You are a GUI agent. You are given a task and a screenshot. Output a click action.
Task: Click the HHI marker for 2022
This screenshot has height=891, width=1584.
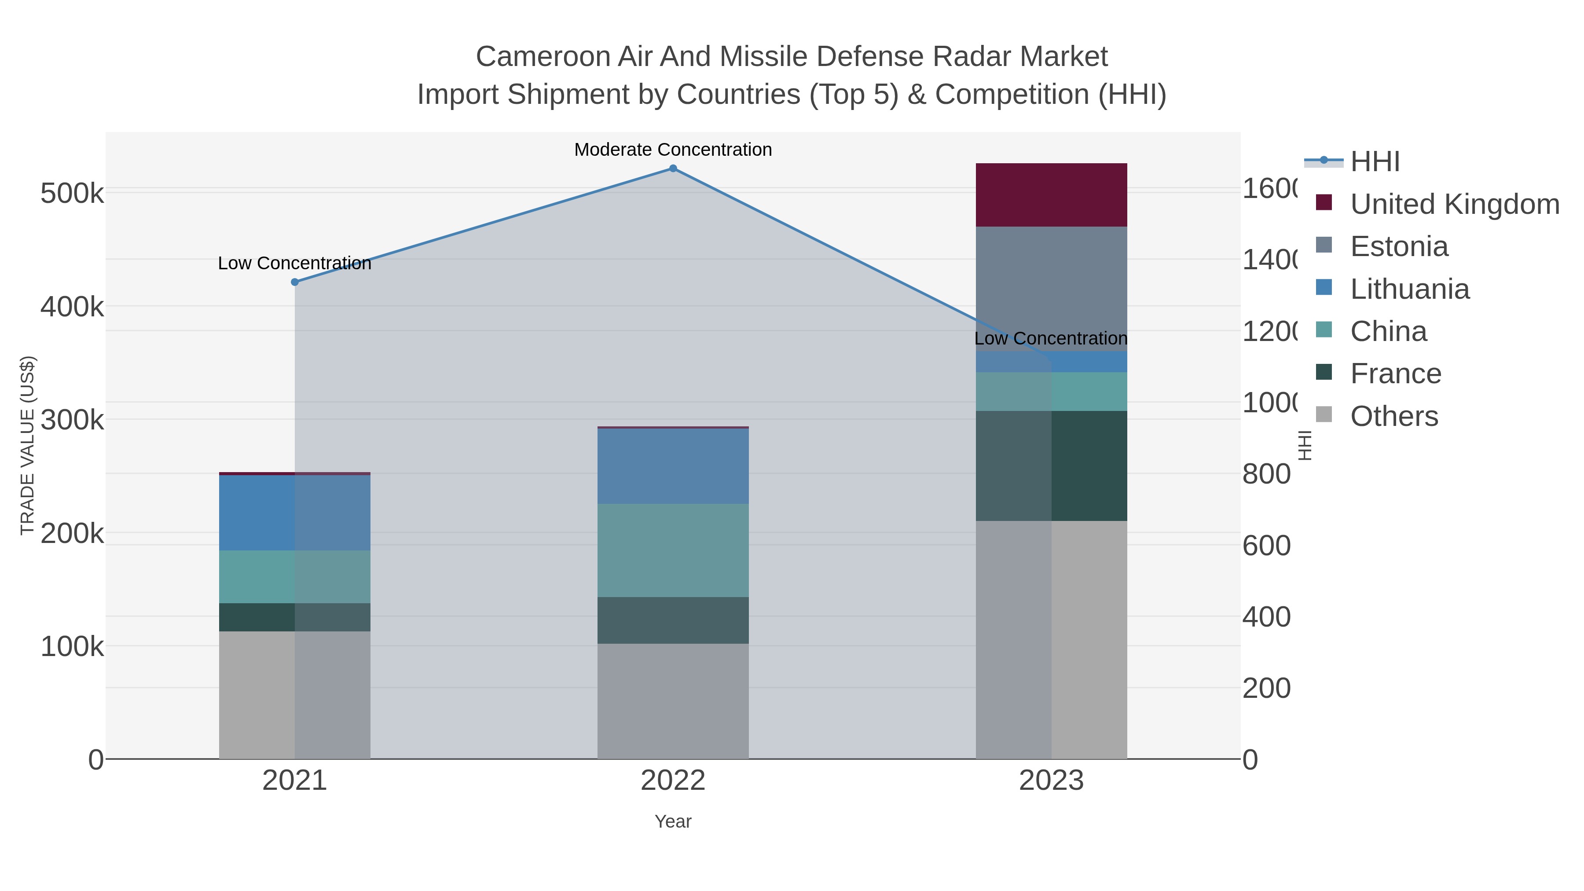pyautogui.click(x=673, y=169)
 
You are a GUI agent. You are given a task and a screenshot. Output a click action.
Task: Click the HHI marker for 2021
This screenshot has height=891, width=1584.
pyautogui.click(x=294, y=282)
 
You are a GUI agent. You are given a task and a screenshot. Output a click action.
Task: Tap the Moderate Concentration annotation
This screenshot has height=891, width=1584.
pyautogui.click(x=673, y=150)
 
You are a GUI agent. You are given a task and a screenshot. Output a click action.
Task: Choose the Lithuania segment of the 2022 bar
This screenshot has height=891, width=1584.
pyautogui.click(x=673, y=466)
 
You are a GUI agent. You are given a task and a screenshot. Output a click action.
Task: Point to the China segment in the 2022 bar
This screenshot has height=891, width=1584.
pyautogui.click(x=673, y=550)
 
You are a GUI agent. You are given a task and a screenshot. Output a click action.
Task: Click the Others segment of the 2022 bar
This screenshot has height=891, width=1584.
pyautogui.click(x=673, y=701)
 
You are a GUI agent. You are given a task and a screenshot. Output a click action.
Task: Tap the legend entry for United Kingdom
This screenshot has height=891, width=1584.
pyautogui.click(x=1454, y=204)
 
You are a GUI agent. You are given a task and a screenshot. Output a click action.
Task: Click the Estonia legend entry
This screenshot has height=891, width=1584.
pyautogui.click(x=1399, y=246)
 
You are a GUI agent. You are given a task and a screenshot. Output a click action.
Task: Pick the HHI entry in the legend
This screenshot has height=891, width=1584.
pyautogui.click(x=1375, y=162)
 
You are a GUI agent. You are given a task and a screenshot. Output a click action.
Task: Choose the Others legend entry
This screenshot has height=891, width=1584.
pyautogui.click(x=1394, y=416)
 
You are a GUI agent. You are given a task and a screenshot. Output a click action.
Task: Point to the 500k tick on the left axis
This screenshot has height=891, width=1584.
pyautogui.click(x=72, y=194)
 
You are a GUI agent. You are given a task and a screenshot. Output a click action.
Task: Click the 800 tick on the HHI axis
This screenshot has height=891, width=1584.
pyautogui.click(x=1266, y=474)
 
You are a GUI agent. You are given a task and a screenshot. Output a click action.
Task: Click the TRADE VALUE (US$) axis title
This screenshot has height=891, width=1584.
pyautogui.click(x=28, y=445)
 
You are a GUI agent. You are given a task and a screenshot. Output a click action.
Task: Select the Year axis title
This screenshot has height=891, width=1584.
pyautogui.click(x=673, y=821)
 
